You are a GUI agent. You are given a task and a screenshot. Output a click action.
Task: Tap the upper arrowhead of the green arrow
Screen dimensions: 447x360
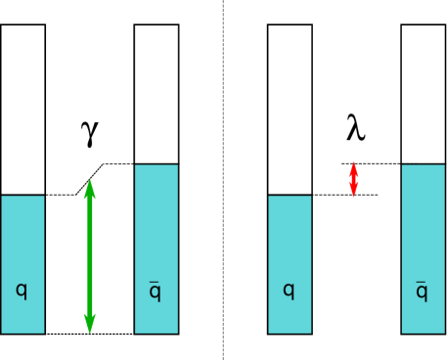90,188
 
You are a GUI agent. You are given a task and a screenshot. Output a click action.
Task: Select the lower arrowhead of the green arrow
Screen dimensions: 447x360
90,323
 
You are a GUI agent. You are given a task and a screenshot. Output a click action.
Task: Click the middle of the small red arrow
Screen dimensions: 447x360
353,180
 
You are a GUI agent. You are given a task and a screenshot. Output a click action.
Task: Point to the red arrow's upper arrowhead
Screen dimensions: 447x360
353,167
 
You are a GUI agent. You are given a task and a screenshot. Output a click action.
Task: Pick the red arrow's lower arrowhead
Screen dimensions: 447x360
353,192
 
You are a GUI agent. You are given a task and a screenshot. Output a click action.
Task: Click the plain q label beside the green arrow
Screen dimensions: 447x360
22,291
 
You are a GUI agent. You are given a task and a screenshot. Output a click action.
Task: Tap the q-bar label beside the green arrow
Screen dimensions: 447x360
155,292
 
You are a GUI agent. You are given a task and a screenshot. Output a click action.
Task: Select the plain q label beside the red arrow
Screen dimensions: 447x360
289,291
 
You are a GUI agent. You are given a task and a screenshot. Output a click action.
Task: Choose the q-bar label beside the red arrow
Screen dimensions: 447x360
422,292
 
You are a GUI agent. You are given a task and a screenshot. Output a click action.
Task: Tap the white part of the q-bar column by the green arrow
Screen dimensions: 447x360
156,94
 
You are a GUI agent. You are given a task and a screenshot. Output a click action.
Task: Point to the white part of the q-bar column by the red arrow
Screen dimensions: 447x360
423,94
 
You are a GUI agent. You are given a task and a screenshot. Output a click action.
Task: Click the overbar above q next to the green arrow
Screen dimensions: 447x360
155,282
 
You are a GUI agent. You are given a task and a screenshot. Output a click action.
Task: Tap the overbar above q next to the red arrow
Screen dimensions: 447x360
422,282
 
